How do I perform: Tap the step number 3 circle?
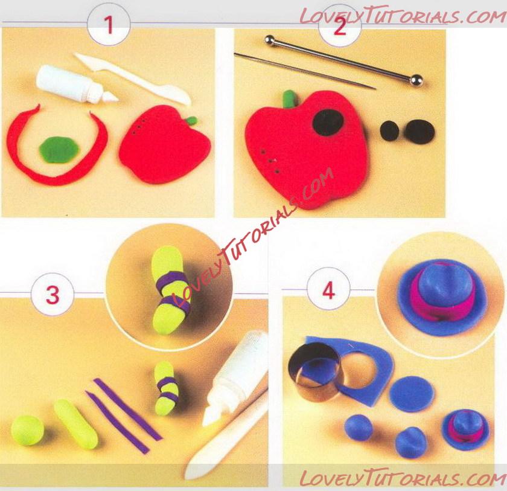pos(53,295)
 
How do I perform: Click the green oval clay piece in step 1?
pos(59,149)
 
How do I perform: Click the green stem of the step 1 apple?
pos(191,120)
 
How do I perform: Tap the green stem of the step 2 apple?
pos(289,98)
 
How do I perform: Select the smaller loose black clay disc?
pos(390,130)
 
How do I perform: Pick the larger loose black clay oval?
pos(420,130)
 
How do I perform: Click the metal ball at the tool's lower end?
pos(416,80)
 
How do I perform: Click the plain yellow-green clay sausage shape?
pos(76,424)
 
